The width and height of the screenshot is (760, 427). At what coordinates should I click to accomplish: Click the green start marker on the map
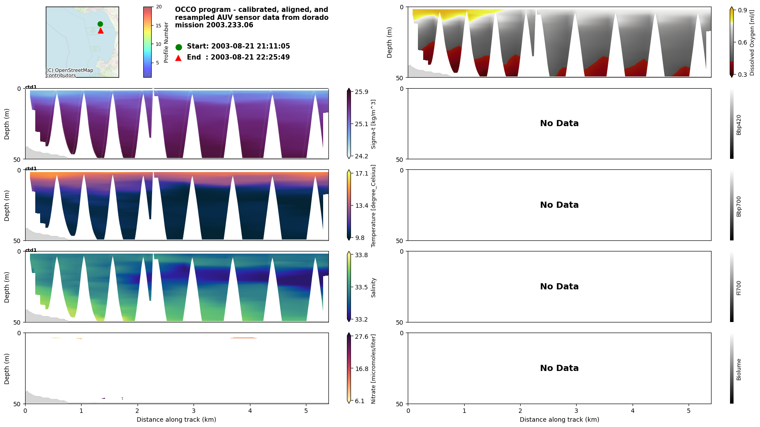click(x=100, y=24)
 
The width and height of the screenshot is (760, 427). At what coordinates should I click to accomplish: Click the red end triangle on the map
click(x=101, y=30)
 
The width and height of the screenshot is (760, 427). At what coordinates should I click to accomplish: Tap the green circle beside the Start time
click(x=179, y=47)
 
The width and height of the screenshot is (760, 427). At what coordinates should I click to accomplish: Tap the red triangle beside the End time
click(x=178, y=58)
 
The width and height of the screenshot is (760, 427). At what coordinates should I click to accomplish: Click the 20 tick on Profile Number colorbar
click(x=158, y=7)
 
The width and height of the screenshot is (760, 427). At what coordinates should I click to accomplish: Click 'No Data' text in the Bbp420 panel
click(x=559, y=124)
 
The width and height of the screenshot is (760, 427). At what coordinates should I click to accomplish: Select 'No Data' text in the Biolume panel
click(x=559, y=368)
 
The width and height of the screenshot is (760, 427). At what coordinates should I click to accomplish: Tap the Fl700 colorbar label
click(x=739, y=288)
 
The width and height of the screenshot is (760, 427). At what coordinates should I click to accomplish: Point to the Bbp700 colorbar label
click(x=739, y=206)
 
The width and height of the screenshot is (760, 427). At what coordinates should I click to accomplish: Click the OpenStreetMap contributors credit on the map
click(x=70, y=73)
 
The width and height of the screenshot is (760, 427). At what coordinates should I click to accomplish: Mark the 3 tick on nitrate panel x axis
click(x=194, y=411)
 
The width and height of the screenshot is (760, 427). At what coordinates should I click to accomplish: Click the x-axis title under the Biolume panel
click(x=559, y=420)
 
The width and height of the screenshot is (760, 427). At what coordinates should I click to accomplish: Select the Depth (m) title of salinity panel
click(x=7, y=287)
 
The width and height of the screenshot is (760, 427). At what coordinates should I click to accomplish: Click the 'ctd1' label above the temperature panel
click(x=31, y=169)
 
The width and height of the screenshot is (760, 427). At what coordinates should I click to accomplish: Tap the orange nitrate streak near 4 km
click(x=243, y=338)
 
